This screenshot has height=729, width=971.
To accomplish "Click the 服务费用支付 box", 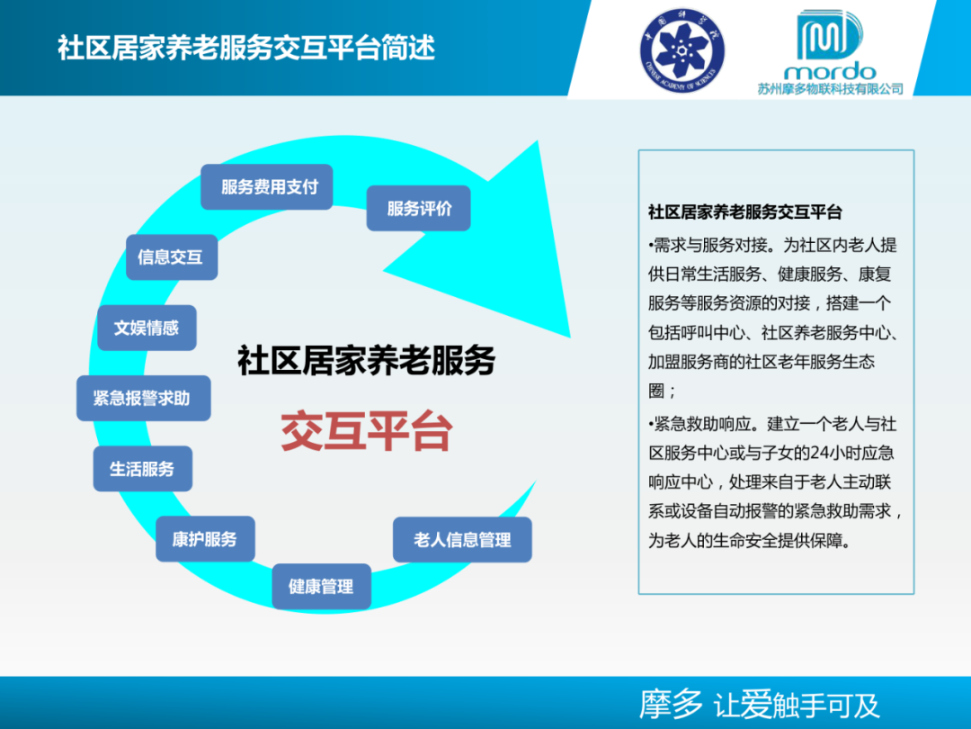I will tap(267, 187).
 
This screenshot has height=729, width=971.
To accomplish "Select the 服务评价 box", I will tap(419, 209).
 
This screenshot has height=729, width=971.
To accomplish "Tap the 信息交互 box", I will tap(171, 257).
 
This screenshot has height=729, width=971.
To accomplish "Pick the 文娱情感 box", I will tap(147, 328).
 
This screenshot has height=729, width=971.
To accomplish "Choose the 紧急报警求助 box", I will tap(142, 398).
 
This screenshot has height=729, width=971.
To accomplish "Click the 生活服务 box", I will tap(142, 469).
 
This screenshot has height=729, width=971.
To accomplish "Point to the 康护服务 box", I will tap(205, 539).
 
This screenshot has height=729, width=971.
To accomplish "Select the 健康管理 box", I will tap(321, 587).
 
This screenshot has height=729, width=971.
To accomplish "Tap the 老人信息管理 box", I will tap(462, 540).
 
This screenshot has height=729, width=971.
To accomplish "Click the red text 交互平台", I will tap(366, 432).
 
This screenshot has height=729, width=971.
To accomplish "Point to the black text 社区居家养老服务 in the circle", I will tap(366, 361).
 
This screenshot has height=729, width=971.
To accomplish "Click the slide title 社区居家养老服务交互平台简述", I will tap(246, 47).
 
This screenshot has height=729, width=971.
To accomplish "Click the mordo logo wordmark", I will tap(829, 70).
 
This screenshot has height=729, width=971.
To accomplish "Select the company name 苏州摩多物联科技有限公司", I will tap(829, 89).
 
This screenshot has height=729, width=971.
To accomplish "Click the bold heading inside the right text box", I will tap(744, 212).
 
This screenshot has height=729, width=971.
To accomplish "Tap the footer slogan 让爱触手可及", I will tap(797, 706).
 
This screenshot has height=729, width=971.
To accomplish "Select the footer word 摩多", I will tap(671, 705).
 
